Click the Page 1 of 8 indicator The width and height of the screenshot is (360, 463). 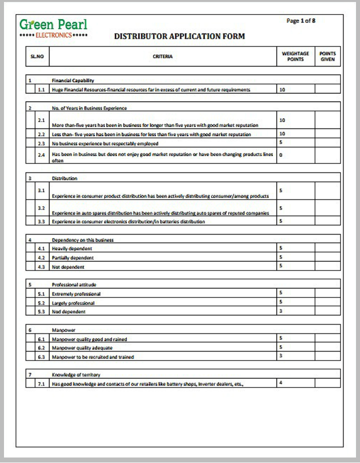click(x=300, y=21)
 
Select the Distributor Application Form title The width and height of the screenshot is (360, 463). click(x=179, y=36)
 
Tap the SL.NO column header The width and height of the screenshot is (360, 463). click(x=37, y=56)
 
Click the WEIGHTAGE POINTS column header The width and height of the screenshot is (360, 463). click(x=295, y=56)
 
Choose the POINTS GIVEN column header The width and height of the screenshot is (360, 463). click(x=327, y=56)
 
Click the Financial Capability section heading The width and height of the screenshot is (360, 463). click(x=73, y=80)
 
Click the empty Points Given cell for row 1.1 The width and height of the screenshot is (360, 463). click(x=327, y=89)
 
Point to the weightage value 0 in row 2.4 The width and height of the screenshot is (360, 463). click(x=281, y=155)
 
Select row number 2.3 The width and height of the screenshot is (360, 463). click(x=41, y=143)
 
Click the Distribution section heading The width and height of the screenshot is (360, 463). click(x=64, y=178)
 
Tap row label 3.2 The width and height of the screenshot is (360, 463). click(x=41, y=208)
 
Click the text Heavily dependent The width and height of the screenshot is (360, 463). click(x=72, y=248)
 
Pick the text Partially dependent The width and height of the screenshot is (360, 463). click(x=72, y=258)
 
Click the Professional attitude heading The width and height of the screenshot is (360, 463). click(x=74, y=284)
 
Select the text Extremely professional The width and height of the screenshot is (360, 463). click(x=76, y=294)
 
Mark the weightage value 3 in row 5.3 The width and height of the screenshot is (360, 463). click(x=281, y=311)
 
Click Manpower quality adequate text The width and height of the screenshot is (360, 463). click(x=82, y=348)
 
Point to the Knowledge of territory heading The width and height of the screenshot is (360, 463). click(x=75, y=374)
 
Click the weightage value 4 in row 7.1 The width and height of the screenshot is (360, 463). click(x=281, y=383)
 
